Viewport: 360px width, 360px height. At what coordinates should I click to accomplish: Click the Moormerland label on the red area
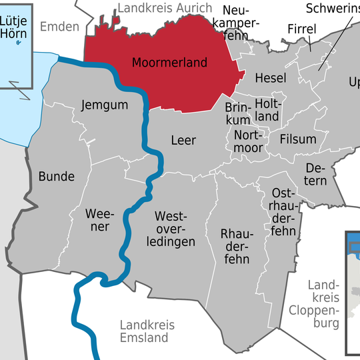(x=169, y=63)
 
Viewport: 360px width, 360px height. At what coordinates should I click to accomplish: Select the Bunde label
(x=57, y=177)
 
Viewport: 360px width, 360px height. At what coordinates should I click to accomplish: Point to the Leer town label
(x=183, y=141)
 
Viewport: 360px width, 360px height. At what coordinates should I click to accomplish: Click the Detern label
(x=316, y=174)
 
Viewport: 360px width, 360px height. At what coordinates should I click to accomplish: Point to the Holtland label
(x=267, y=111)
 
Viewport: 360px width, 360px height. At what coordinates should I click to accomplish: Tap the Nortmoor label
(x=250, y=141)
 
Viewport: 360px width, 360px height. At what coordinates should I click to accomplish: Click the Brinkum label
(x=238, y=114)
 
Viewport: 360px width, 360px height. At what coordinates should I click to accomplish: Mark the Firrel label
(x=301, y=29)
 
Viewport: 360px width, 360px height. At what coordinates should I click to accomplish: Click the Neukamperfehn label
(x=240, y=24)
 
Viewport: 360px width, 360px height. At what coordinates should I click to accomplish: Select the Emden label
(x=59, y=27)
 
